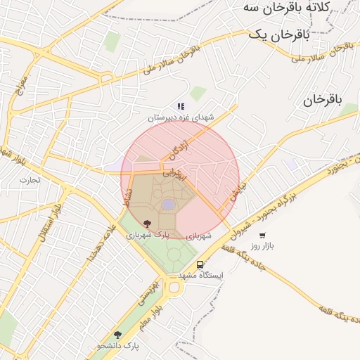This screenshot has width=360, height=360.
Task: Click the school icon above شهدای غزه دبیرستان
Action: click(x=181, y=107)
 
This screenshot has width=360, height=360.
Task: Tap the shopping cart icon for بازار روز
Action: click(x=262, y=236)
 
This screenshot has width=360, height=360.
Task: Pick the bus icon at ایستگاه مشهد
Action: click(x=200, y=264)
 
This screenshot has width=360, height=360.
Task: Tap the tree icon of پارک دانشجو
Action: click(x=117, y=335)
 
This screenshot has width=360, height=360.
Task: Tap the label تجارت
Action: click(x=30, y=179)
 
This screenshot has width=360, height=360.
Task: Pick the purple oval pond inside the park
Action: click(x=169, y=204)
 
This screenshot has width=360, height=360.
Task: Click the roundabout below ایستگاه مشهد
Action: click(x=174, y=287)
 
